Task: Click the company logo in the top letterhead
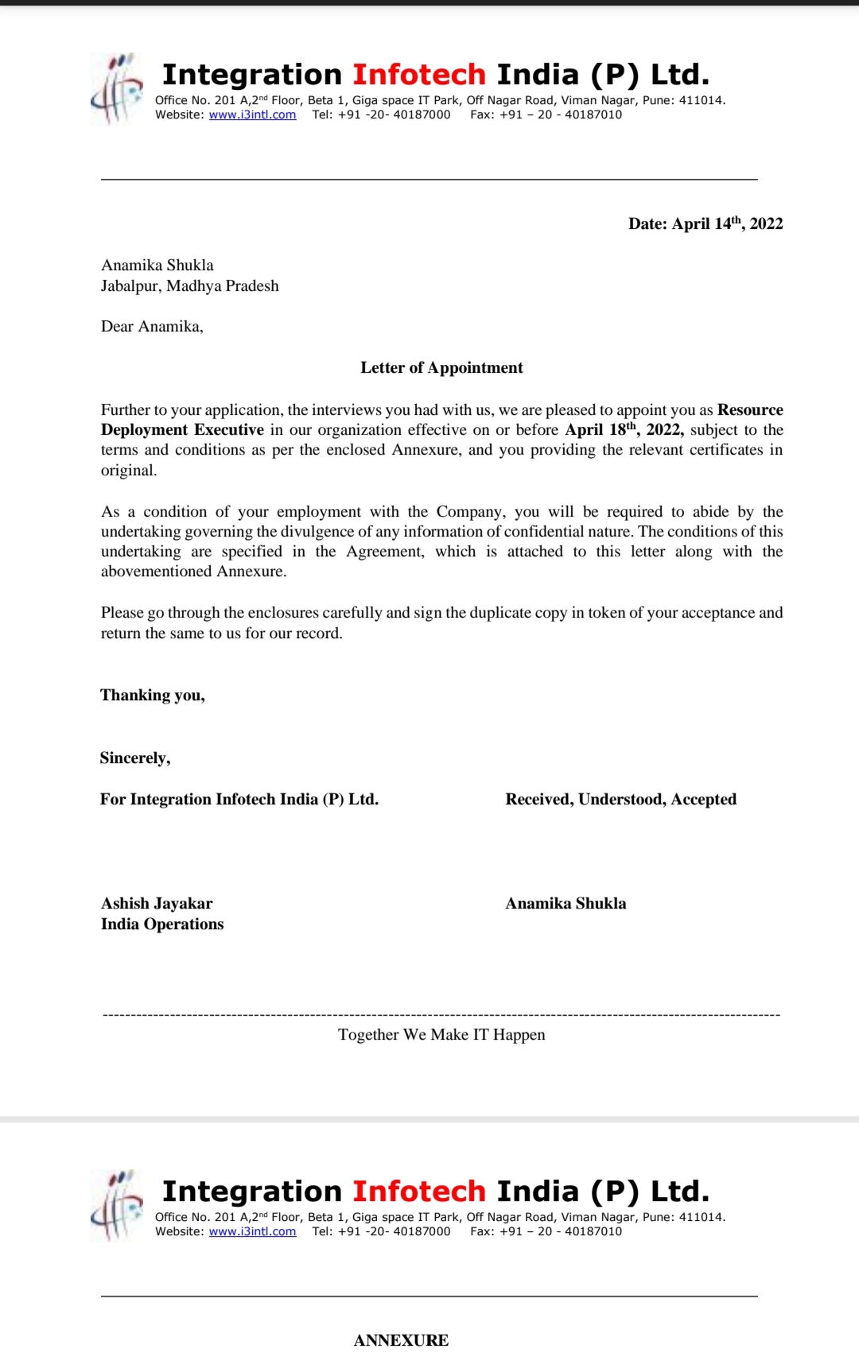116,89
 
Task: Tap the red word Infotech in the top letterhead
419,75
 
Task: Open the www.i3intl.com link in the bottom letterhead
252,1231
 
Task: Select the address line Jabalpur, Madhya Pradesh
189,286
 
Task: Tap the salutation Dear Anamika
152,327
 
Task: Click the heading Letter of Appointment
441,368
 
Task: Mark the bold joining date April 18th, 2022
624,430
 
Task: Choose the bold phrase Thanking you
152,696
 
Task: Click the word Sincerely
134,758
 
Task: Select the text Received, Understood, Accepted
620,800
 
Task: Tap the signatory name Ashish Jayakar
157,904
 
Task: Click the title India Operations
162,924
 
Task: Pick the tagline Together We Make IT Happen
441,1035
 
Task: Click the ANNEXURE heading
401,1341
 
